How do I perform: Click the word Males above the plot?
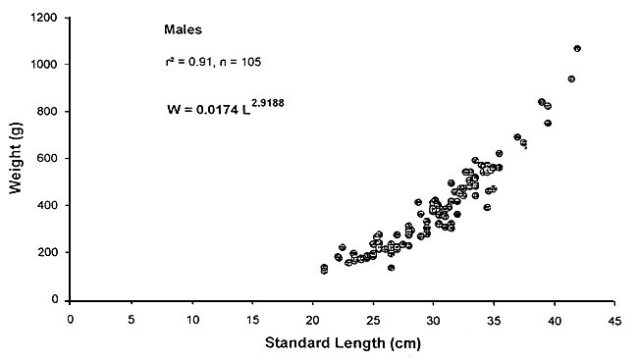[x=183, y=30]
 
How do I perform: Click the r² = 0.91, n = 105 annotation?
[x=212, y=63]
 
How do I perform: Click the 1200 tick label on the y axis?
[x=43, y=18]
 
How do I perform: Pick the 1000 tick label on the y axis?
[x=43, y=65]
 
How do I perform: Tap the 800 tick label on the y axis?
[x=46, y=112]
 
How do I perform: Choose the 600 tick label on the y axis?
[x=46, y=159]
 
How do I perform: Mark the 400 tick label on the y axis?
[x=46, y=206]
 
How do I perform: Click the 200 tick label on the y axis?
[x=46, y=253]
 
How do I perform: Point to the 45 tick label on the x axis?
[x=615, y=319]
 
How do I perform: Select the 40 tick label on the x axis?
[x=555, y=319]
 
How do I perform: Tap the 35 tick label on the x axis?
[x=494, y=319]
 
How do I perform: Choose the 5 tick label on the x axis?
[x=132, y=319]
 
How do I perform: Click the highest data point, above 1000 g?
[x=578, y=48]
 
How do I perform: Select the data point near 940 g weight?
[x=571, y=78]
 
